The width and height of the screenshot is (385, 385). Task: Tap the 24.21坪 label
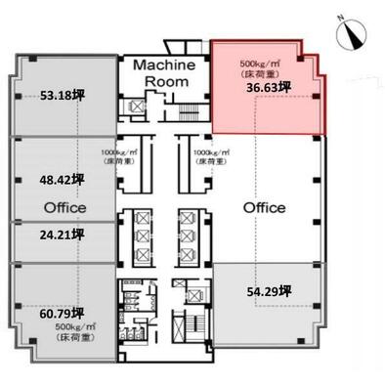pyautogui.click(x=62, y=235)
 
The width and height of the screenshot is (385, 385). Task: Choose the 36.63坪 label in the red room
pyautogui.click(x=267, y=87)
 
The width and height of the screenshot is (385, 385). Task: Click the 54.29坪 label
pyautogui.click(x=270, y=290)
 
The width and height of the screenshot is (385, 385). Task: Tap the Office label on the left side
pyautogui.click(x=65, y=207)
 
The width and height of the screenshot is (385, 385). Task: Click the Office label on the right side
pyautogui.click(x=264, y=207)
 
